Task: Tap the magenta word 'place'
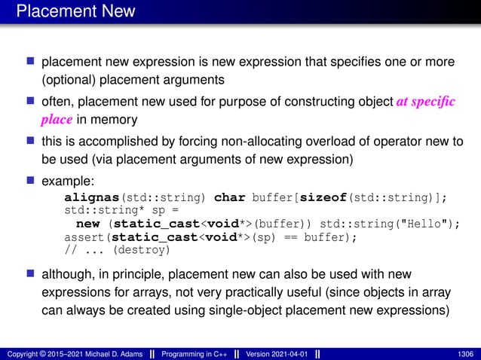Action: point(57,119)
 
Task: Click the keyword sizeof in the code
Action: point(324,198)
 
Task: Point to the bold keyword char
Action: point(230,198)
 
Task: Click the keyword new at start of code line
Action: point(87,224)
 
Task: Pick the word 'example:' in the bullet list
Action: point(67,182)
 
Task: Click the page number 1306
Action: point(465,353)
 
